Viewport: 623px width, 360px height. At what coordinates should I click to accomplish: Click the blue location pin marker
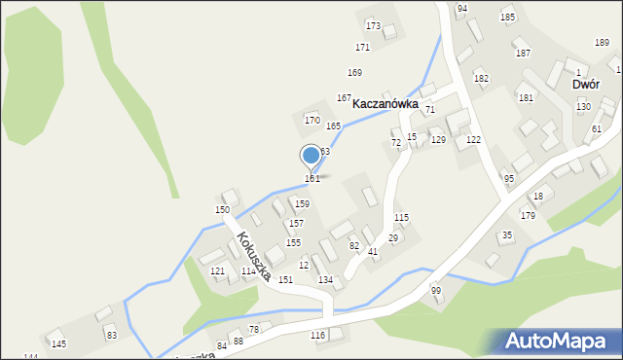pos(311,156)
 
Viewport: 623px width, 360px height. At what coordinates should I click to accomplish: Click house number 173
pos(373,25)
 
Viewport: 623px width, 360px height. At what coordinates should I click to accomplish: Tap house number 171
pos(362,47)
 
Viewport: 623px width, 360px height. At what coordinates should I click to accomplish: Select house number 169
pos(354,73)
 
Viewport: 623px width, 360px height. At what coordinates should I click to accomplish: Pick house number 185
pos(507,18)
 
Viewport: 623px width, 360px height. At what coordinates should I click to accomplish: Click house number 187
pos(523,53)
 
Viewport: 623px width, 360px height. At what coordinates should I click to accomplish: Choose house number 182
pos(481,78)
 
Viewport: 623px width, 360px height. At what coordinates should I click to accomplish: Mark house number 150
pos(222,210)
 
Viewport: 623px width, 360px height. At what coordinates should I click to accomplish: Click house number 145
pos(58,344)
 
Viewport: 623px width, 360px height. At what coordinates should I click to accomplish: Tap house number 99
pos(436,291)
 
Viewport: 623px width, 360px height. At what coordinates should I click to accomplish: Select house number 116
pos(317,336)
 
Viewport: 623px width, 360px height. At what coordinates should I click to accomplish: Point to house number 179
pos(528,216)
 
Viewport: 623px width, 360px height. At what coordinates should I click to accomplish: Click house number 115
pos(401,217)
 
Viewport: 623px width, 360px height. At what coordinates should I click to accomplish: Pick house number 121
pos(218,270)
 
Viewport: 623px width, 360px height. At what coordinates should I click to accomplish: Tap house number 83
pos(112,336)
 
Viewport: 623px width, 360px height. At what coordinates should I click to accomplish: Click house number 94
pos(462,8)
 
